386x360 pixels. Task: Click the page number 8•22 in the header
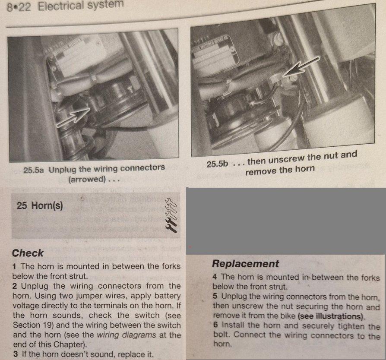(19, 7)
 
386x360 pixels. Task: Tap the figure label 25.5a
(34, 170)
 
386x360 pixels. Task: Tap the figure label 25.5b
(217, 164)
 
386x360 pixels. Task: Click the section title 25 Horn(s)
(40, 205)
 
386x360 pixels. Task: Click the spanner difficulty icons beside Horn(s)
(171, 215)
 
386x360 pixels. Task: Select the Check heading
(28, 253)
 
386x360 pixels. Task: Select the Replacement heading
(245, 264)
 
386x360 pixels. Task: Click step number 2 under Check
(15, 286)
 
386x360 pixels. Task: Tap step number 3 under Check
(16, 354)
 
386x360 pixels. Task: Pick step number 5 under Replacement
(215, 296)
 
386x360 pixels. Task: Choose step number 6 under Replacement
(216, 325)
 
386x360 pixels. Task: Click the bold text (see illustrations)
(331, 316)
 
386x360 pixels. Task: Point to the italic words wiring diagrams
(127, 335)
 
